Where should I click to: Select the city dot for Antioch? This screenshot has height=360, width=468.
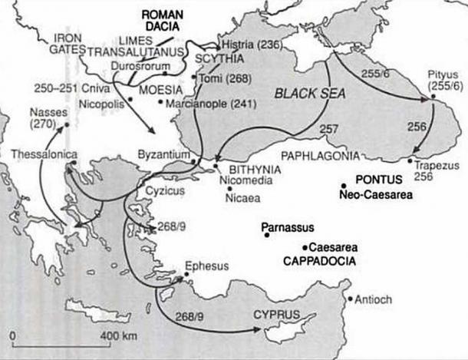350,299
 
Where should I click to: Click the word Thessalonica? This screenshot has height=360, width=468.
44,155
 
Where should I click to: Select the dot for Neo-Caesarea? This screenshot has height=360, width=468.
344,185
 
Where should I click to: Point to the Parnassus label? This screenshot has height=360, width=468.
286,227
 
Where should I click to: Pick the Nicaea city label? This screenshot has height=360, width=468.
243,196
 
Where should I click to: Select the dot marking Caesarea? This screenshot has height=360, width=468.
305,247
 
